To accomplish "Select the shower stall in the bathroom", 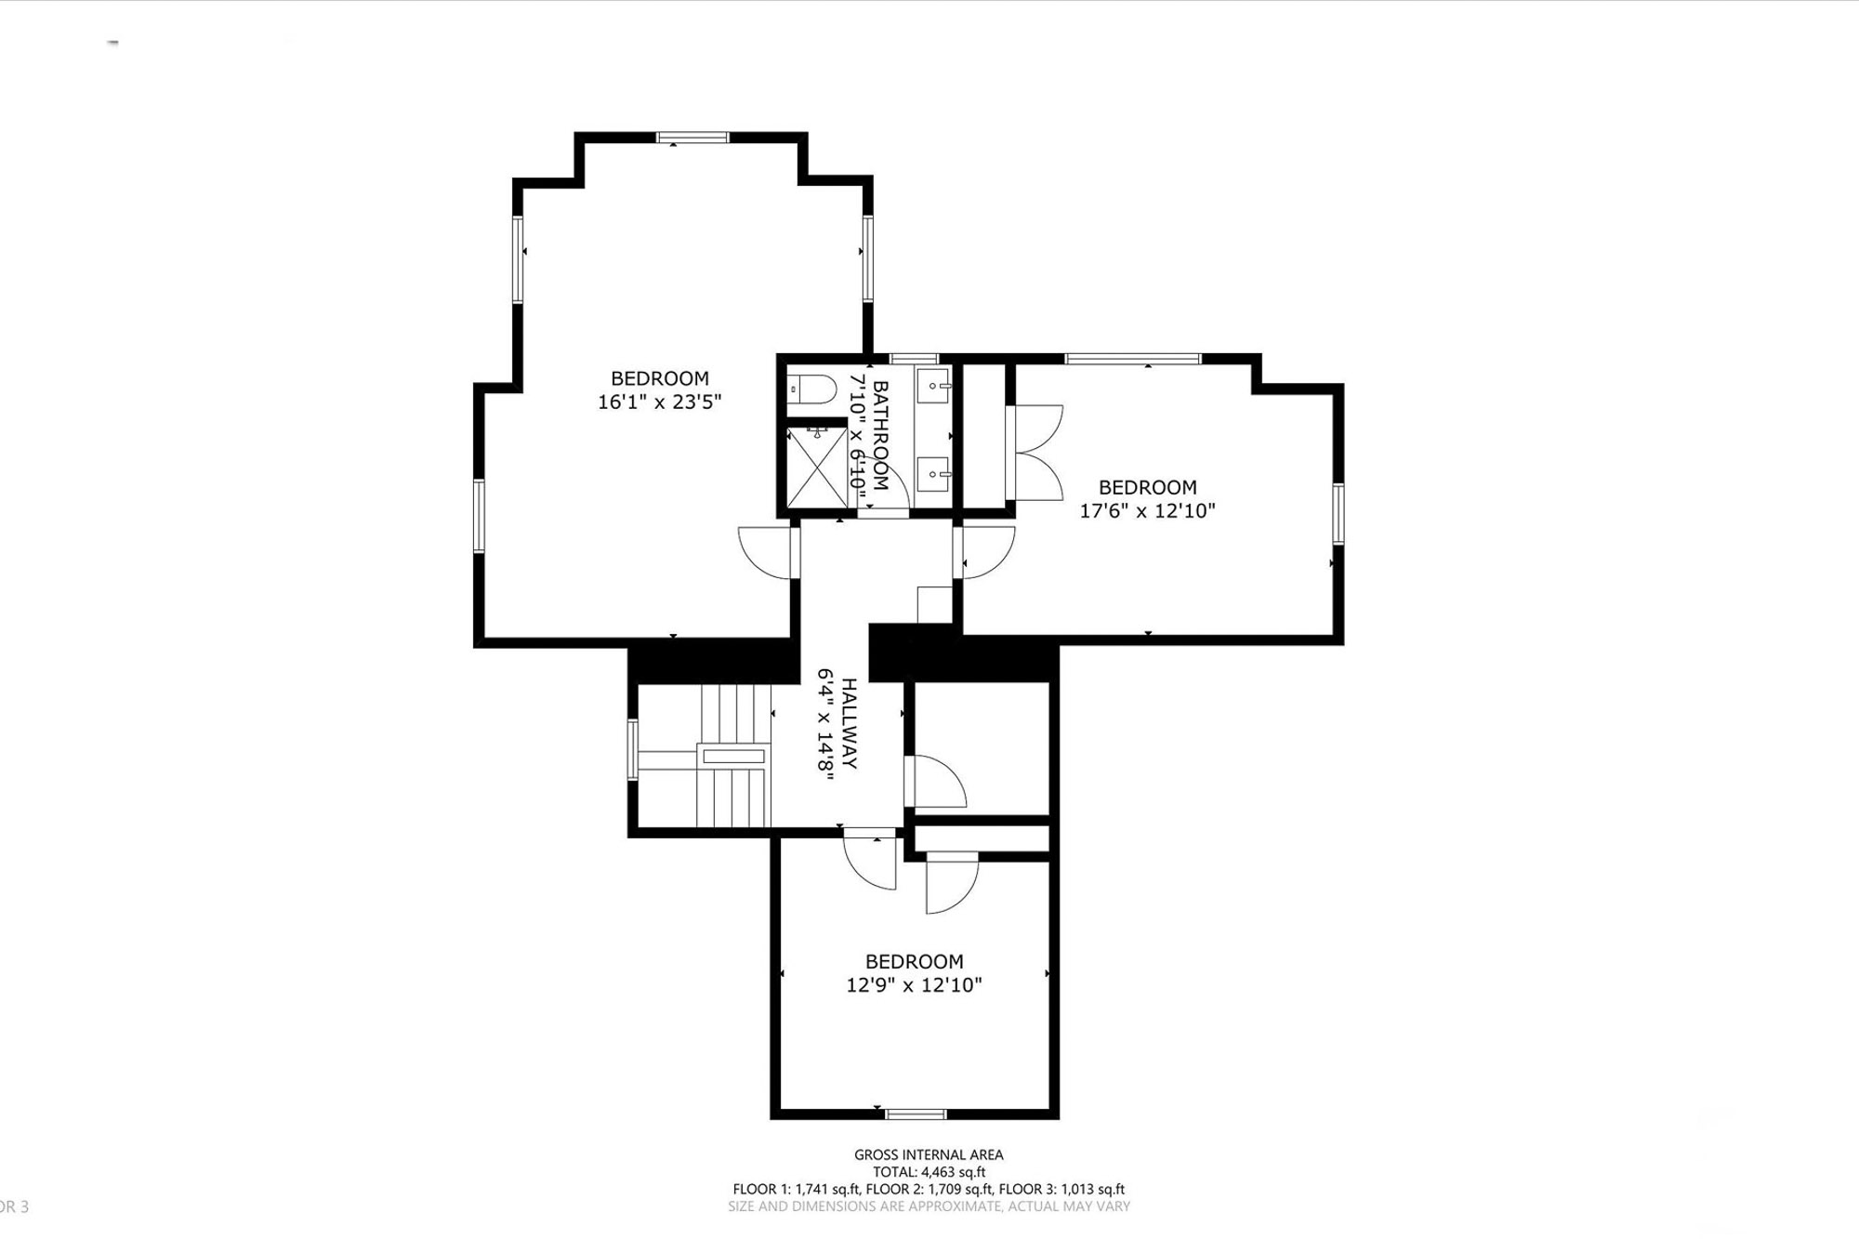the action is click(x=817, y=467).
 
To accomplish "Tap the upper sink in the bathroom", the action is click(x=934, y=384).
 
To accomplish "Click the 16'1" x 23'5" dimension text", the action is click(x=659, y=402).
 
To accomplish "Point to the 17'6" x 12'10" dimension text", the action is click(x=1147, y=510).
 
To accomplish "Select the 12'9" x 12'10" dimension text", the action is click(x=914, y=985).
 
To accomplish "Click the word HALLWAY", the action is click(x=849, y=724).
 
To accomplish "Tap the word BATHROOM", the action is click(x=880, y=435).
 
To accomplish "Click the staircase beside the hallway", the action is click(x=705, y=755).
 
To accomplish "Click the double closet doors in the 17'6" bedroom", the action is click(x=1035, y=452).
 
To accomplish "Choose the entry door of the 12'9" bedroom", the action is click(x=871, y=862).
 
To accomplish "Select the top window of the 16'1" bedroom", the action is click(x=692, y=138).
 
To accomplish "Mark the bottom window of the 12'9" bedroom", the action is click(x=916, y=1114).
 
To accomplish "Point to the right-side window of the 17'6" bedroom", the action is click(x=1338, y=513).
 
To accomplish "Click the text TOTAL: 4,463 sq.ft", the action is click(x=929, y=1172).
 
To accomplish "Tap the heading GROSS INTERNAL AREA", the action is click(x=929, y=1154).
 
